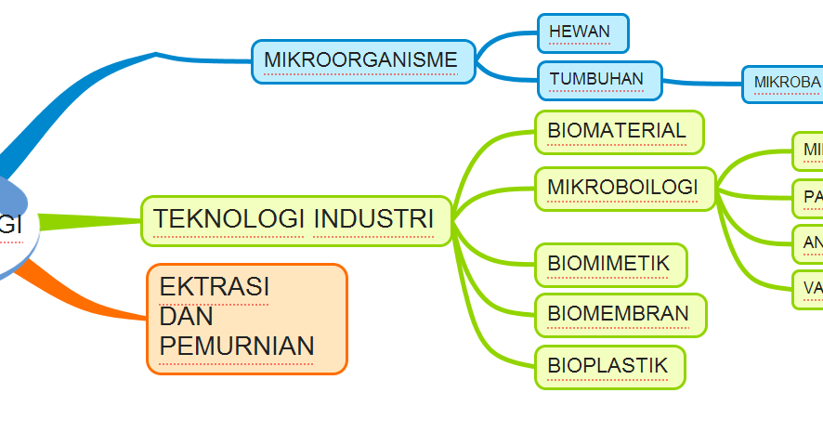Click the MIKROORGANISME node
pos(362,61)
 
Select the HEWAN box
pos(582,33)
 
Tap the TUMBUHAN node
pos(599,80)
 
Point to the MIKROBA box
pos(785,83)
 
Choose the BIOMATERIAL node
pos(619,131)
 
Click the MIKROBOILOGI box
pos(623,188)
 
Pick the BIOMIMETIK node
pos(609,265)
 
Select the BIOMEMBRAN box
pos(620,314)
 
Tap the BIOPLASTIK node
pos(608,366)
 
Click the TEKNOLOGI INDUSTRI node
pos(295,220)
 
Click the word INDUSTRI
pos(373,220)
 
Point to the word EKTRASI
pos(215,287)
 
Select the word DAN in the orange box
pos(187,317)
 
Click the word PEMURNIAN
pos(237,347)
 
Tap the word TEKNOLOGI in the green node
pos(229,220)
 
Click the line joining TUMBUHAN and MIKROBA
pos(701,84)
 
